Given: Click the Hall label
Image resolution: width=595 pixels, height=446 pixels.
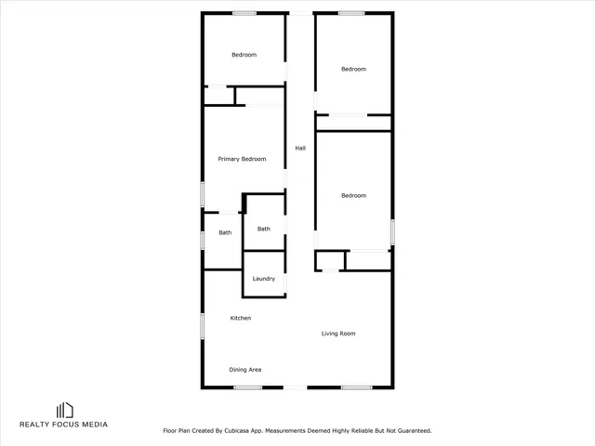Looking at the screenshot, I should (300, 148).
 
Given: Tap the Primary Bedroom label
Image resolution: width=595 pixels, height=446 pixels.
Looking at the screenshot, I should (242, 159).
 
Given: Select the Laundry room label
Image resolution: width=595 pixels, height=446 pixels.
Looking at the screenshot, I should (264, 279).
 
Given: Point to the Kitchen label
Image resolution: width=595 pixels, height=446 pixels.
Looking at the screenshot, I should (241, 319).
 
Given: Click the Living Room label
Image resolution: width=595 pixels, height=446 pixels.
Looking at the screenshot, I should (338, 334).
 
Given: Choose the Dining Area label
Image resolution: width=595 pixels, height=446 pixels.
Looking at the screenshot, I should (245, 370).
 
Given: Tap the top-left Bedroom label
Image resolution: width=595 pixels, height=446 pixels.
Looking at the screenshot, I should (244, 55).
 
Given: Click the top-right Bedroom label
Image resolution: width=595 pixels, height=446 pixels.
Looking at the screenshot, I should (353, 70).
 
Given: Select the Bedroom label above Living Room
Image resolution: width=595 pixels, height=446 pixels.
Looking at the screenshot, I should (353, 196).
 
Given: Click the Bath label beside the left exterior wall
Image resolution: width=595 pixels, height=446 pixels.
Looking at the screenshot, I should (225, 232).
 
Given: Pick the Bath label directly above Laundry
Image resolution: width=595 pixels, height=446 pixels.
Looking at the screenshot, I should (264, 229).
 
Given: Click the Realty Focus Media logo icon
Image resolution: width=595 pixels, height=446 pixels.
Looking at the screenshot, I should (64, 410).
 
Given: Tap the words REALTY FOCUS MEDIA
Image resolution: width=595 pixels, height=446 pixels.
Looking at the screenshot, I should (64, 425).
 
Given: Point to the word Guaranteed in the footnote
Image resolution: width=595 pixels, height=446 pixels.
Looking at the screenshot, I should (412, 431).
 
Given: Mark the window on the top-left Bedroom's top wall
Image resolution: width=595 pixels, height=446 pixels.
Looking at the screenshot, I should (245, 12).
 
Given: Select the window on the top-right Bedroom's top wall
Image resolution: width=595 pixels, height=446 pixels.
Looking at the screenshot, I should (350, 12).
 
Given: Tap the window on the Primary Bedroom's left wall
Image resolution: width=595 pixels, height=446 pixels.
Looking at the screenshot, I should (204, 194).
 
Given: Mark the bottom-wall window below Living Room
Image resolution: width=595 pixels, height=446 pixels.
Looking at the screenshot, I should (356, 387).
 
